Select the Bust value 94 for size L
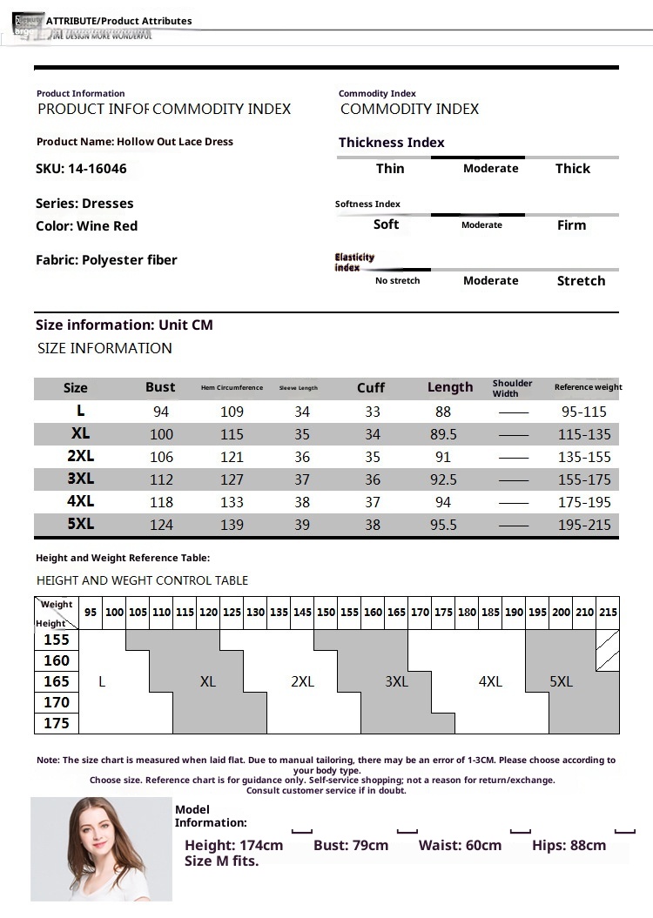point(160,412)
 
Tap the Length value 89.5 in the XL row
point(443,434)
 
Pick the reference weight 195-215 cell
point(585,525)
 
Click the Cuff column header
point(371,388)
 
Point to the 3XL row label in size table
point(80,479)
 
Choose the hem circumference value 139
point(232,525)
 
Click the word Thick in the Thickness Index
point(572,169)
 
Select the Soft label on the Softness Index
point(386,224)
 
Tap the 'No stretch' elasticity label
point(397,281)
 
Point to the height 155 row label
point(57,640)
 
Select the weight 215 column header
point(608,613)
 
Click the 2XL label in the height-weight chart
point(302,682)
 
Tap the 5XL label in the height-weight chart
point(562,682)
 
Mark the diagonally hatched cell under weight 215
point(608,650)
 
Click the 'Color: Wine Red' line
point(87,226)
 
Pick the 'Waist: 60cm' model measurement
point(460,846)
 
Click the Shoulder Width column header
point(512,388)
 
